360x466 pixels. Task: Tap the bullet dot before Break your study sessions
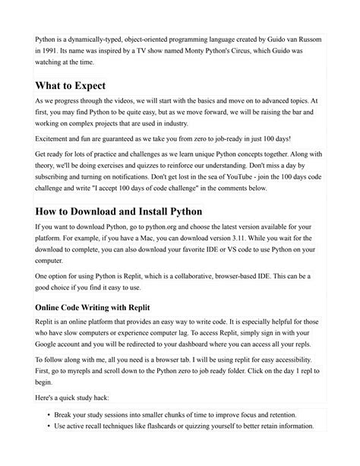click(x=49, y=414)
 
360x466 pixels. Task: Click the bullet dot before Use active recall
click(x=49, y=426)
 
